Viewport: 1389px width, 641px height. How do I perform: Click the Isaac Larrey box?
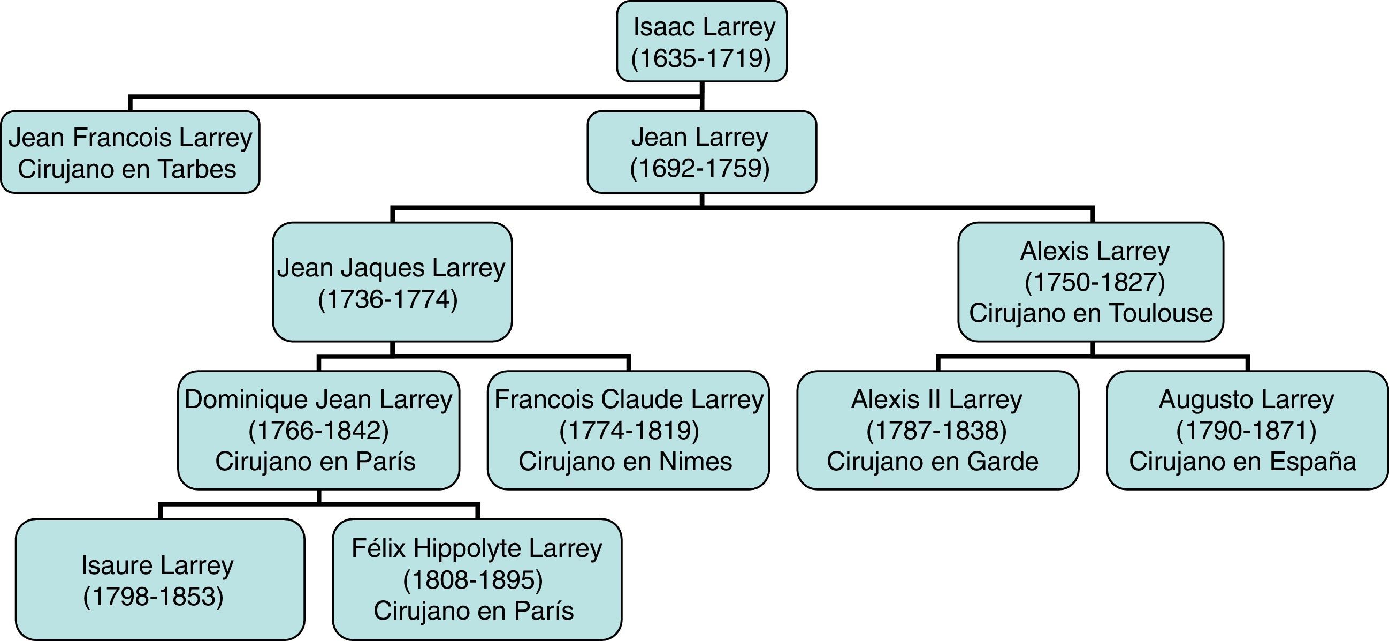(x=701, y=42)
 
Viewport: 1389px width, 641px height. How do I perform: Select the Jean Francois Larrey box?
(x=130, y=152)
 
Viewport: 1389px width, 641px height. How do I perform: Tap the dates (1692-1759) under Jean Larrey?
(x=700, y=168)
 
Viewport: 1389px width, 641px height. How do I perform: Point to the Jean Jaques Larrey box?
(x=392, y=282)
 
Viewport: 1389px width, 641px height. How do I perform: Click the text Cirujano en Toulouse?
(x=1090, y=313)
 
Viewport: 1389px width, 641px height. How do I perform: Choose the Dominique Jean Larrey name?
(x=318, y=400)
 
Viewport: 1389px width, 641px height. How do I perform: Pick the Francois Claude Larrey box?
(x=628, y=430)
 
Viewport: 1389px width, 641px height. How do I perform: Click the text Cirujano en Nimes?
(x=625, y=462)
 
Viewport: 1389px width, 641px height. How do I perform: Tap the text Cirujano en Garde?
(x=932, y=462)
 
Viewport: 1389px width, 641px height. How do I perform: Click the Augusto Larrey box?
(x=1247, y=430)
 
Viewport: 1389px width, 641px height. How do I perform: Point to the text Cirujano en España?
(x=1242, y=462)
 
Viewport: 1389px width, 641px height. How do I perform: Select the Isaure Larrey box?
(x=159, y=579)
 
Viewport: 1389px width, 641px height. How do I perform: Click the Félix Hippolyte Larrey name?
(x=477, y=549)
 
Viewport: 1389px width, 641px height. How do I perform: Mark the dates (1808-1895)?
(x=473, y=579)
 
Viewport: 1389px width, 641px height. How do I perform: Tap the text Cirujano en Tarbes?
(x=127, y=169)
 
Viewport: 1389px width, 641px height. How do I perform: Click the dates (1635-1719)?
(x=701, y=58)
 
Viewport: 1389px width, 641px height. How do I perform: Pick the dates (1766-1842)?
(x=319, y=431)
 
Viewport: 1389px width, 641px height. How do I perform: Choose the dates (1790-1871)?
(x=1246, y=431)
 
